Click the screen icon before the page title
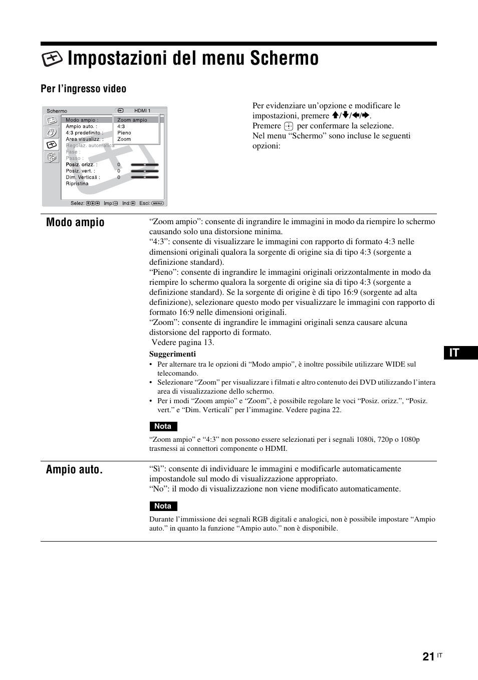coord(52,59)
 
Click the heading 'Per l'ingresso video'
coord(83,89)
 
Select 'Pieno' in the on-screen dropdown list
coord(124,133)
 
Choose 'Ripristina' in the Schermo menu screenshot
coord(77,184)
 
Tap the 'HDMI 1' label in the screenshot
coord(142,111)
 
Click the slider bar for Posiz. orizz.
coord(145,164)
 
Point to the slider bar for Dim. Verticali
coord(145,177)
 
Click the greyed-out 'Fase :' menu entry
coord(73,152)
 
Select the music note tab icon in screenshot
coord(51,132)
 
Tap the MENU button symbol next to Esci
coord(157,203)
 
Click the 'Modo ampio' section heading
coord(75,223)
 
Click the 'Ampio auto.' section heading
coord(74,470)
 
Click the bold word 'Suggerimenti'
coord(172,354)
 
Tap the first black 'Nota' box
coord(163,426)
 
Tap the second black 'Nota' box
coord(163,506)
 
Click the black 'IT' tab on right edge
coord(460,353)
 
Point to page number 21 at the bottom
coord(428,657)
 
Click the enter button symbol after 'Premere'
coord(288,126)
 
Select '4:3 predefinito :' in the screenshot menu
coord(84,133)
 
